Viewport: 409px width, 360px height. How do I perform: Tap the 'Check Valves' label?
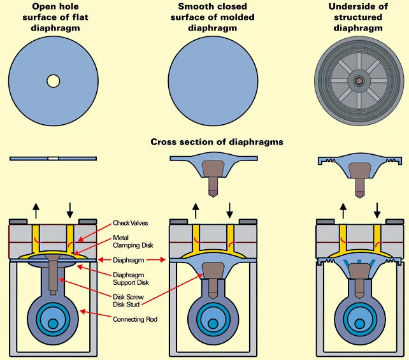129,223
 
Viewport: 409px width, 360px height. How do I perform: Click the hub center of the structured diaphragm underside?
359,80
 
